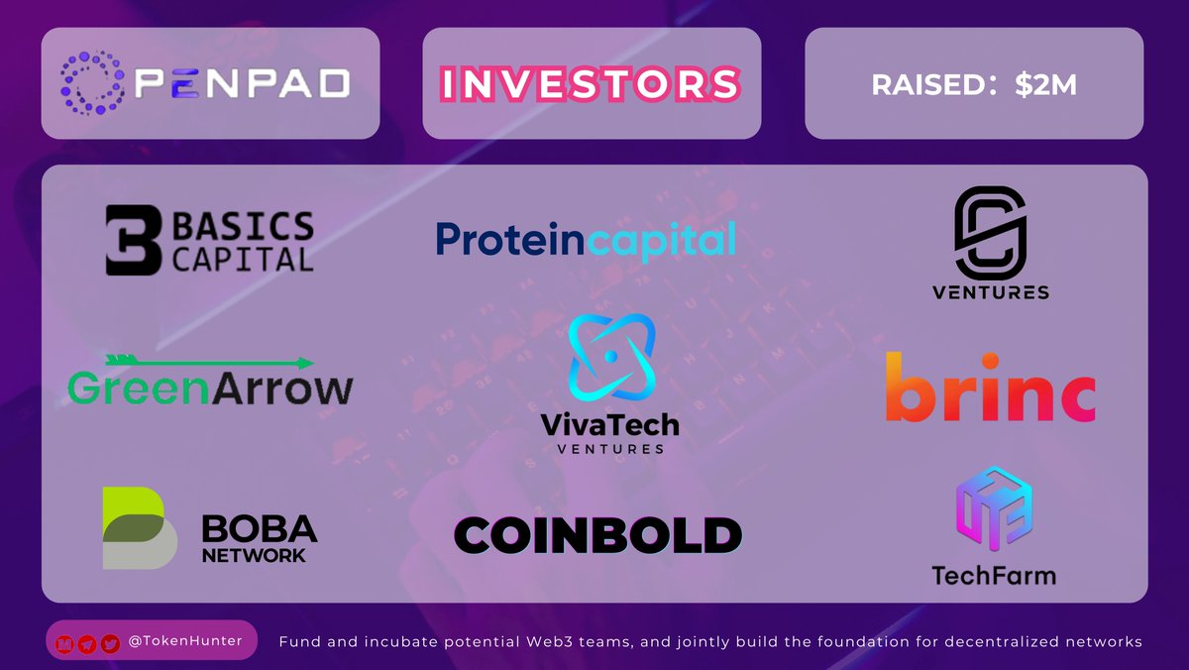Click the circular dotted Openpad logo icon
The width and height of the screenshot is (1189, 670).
click(95, 83)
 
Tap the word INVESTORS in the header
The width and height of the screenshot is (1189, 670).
click(591, 84)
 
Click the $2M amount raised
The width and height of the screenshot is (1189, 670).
click(1045, 85)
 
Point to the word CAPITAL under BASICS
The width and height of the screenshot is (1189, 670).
click(243, 259)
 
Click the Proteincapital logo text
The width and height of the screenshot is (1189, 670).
click(586, 240)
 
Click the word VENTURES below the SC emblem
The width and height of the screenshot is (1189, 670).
click(990, 292)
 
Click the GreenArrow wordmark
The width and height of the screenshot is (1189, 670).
click(210, 390)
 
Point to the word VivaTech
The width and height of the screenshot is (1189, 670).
click(609, 424)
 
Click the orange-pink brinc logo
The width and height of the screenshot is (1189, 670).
click(990, 389)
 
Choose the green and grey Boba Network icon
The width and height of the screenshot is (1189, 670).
click(139, 527)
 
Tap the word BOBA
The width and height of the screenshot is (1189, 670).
click(260, 528)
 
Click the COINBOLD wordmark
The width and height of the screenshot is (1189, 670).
click(597, 536)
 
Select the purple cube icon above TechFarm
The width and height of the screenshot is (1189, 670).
click(994, 509)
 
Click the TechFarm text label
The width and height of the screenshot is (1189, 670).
click(994, 575)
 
